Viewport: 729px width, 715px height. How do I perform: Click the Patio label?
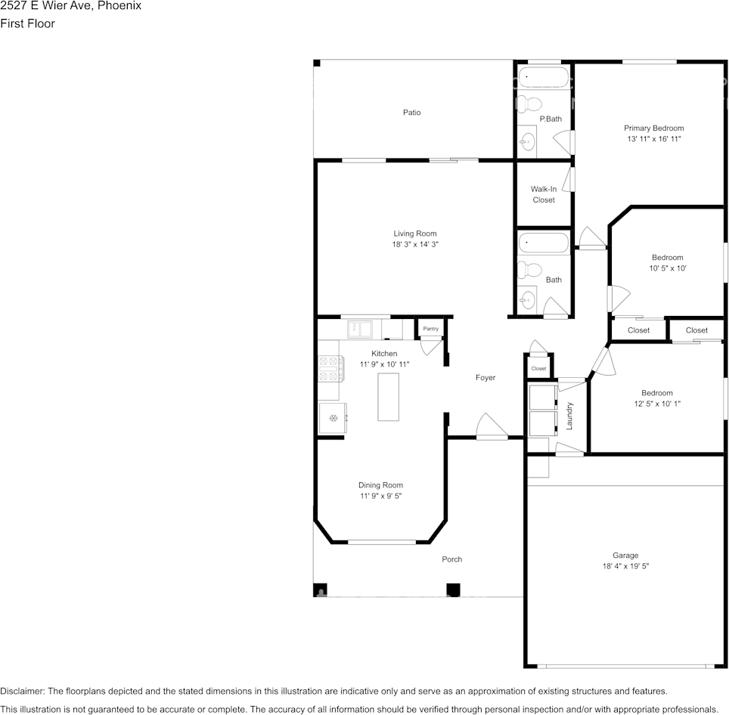tap(411, 113)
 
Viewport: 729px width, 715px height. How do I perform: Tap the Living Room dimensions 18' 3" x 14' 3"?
tap(414, 245)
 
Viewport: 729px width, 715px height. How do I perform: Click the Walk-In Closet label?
tap(543, 194)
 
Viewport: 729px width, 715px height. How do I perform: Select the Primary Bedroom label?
tap(653, 128)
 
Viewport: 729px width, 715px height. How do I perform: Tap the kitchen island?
tap(389, 396)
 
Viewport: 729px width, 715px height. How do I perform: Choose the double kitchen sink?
tap(359, 329)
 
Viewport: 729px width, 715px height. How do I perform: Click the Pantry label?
tap(430, 329)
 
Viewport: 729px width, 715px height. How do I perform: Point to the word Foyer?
tap(485, 377)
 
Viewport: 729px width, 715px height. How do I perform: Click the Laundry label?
tap(569, 415)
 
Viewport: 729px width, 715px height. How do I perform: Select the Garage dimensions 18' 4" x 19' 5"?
tap(625, 566)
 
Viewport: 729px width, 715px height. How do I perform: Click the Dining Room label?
tap(380, 485)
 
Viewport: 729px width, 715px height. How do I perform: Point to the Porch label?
tap(451, 559)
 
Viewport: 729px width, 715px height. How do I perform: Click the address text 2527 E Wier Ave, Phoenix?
tap(70, 6)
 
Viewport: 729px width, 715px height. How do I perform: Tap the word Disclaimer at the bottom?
tap(22, 691)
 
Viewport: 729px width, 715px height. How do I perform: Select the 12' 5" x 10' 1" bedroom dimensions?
tap(656, 404)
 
